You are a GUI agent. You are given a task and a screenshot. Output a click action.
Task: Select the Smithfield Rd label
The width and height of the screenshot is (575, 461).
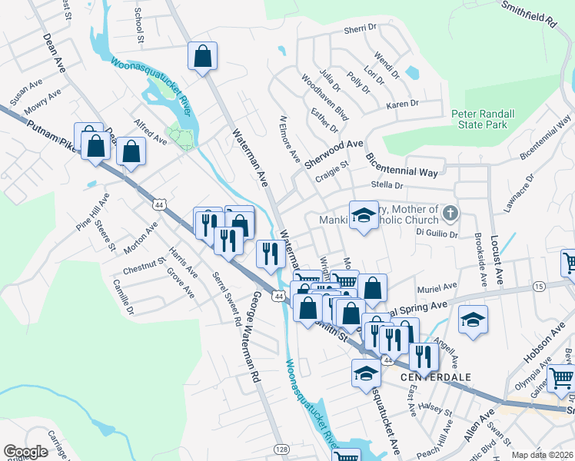click(x=528, y=14)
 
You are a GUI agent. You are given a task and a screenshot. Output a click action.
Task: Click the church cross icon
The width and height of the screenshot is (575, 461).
click(x=450, y=212)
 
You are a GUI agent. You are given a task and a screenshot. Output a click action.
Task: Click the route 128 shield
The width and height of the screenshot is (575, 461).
click(x=283, y=449)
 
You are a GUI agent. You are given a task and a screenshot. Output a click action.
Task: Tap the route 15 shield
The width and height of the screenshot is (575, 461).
click(x=538, y=286)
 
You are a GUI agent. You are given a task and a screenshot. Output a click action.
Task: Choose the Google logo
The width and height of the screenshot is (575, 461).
click(x=25, y=452)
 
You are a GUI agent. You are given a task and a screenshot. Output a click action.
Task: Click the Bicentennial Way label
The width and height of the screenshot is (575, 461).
click(x=401, y=164)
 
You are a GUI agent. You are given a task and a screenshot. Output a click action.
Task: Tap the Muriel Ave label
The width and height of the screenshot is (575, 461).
click(x=437, y=289)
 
